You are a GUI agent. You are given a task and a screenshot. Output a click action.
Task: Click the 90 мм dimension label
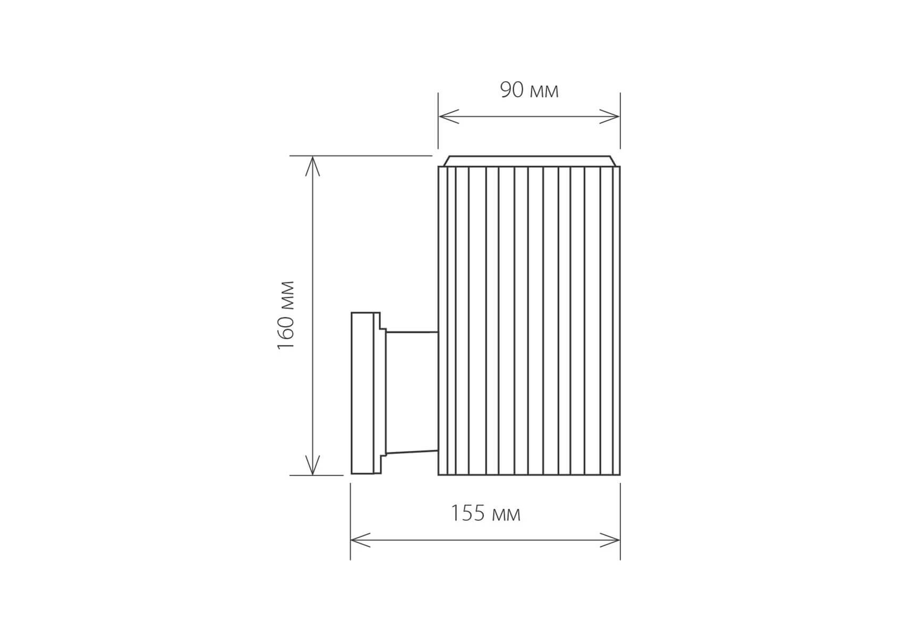529,90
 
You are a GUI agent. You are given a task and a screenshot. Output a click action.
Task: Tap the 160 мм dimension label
286,315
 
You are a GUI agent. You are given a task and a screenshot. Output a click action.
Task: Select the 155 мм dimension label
486,513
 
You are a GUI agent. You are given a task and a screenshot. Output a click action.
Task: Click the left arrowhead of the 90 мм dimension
448,116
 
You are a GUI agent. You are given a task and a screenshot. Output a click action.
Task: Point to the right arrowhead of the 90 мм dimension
610,116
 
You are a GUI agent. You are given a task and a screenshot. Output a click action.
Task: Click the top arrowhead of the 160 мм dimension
313,166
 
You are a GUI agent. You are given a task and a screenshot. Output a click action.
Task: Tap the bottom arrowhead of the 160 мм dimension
313,464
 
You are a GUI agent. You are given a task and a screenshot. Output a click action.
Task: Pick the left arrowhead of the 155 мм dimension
361,540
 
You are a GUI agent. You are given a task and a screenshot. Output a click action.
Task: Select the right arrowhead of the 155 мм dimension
610,540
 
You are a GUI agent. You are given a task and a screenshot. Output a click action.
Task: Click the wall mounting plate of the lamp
365,393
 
